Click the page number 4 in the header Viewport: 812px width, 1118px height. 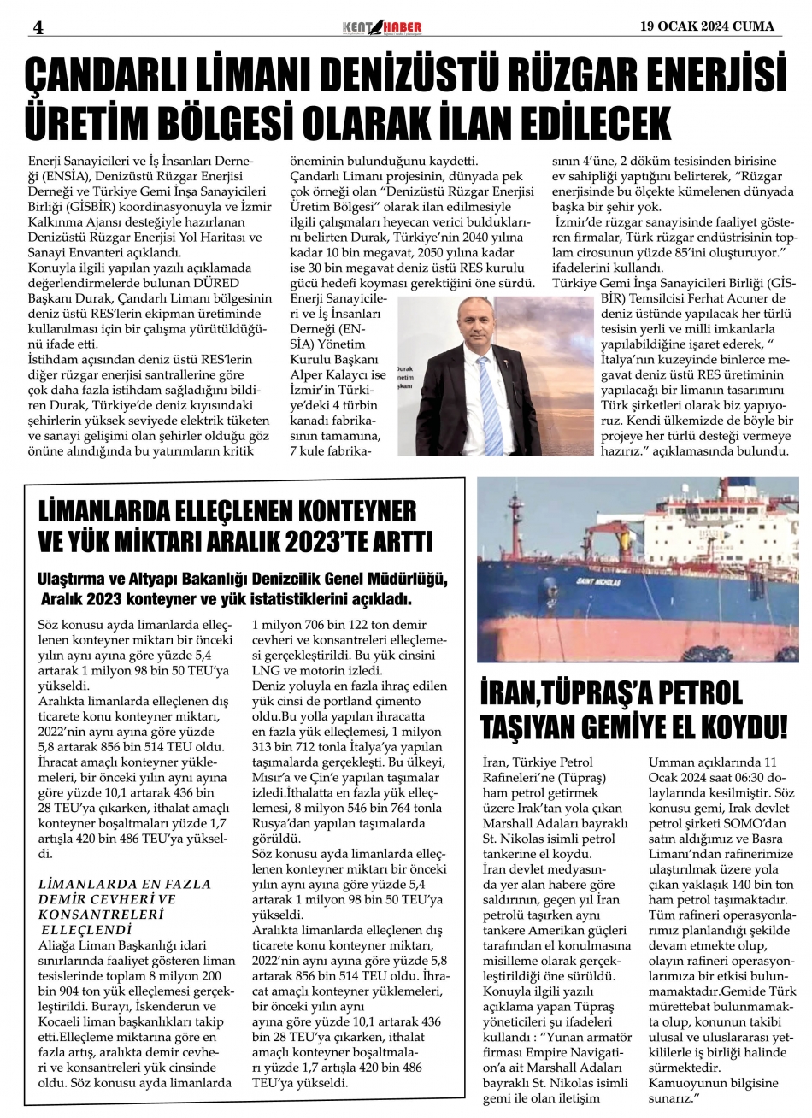38,26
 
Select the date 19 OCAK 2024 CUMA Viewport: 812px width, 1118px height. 709,26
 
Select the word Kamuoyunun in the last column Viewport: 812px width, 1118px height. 682,1083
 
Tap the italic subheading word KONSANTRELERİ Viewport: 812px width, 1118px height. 97,914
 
